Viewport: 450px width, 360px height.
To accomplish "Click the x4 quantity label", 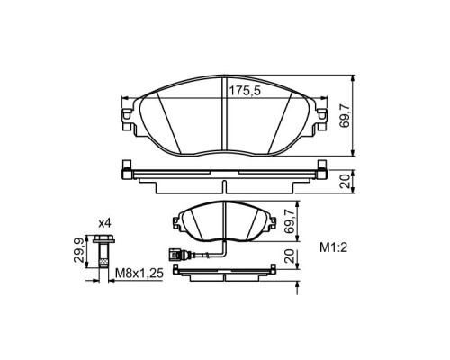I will [104, 222].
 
